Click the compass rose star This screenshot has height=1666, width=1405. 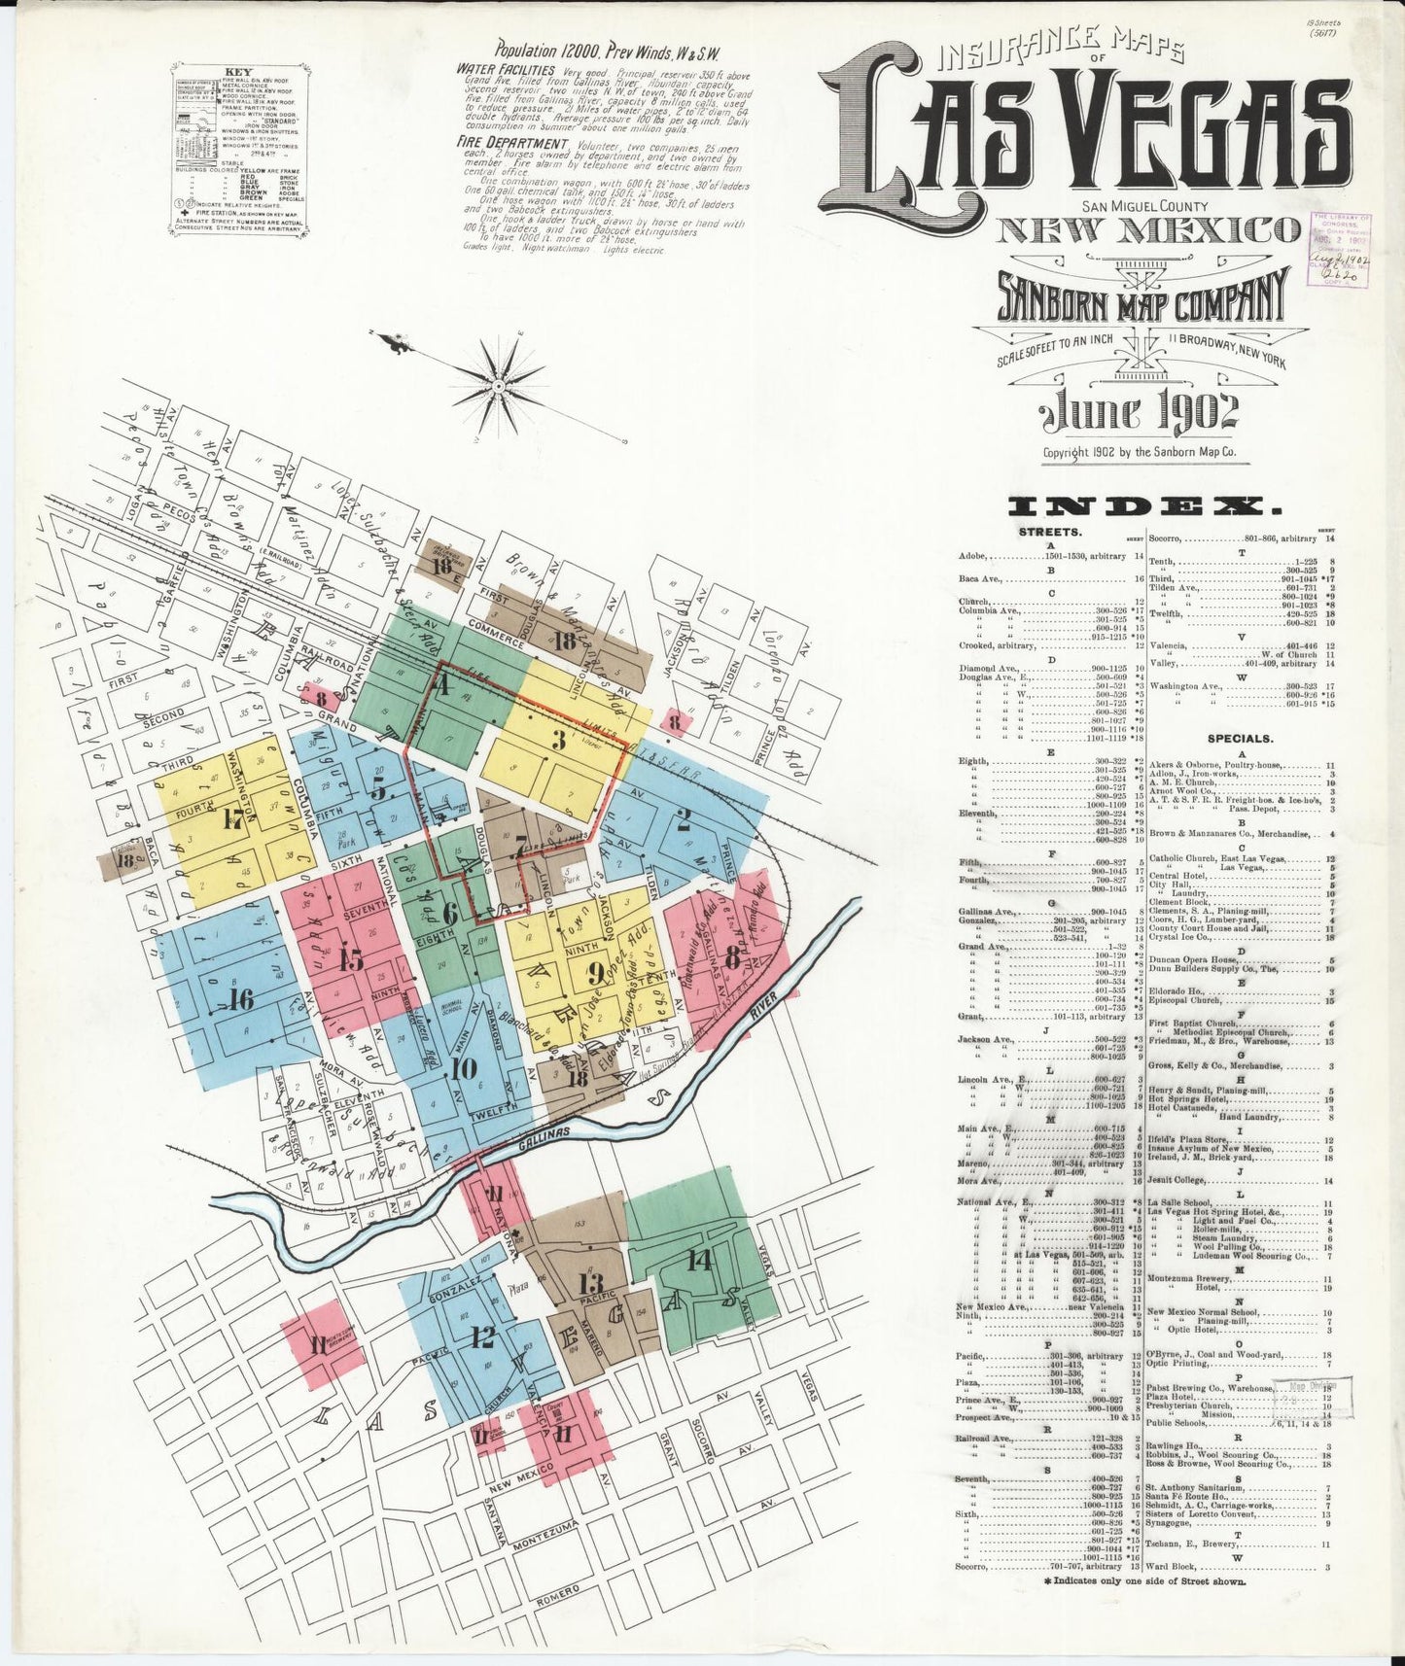pyautogui.click(x=498, y=386)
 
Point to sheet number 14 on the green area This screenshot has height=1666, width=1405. pyautogui.click(x=698, y=1261)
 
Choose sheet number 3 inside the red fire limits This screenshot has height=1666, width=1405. pyautogui.click(x=558, y=739)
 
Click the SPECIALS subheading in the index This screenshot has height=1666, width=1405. pyautogui.click(x=1242, y=738)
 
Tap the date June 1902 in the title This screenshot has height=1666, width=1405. pyautogui.click(x=1139, y=414)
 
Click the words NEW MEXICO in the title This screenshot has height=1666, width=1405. pyautogui.click(x=1149, y=231)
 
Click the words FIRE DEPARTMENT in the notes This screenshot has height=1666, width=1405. pyautogui.click(x=497, y=142)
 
